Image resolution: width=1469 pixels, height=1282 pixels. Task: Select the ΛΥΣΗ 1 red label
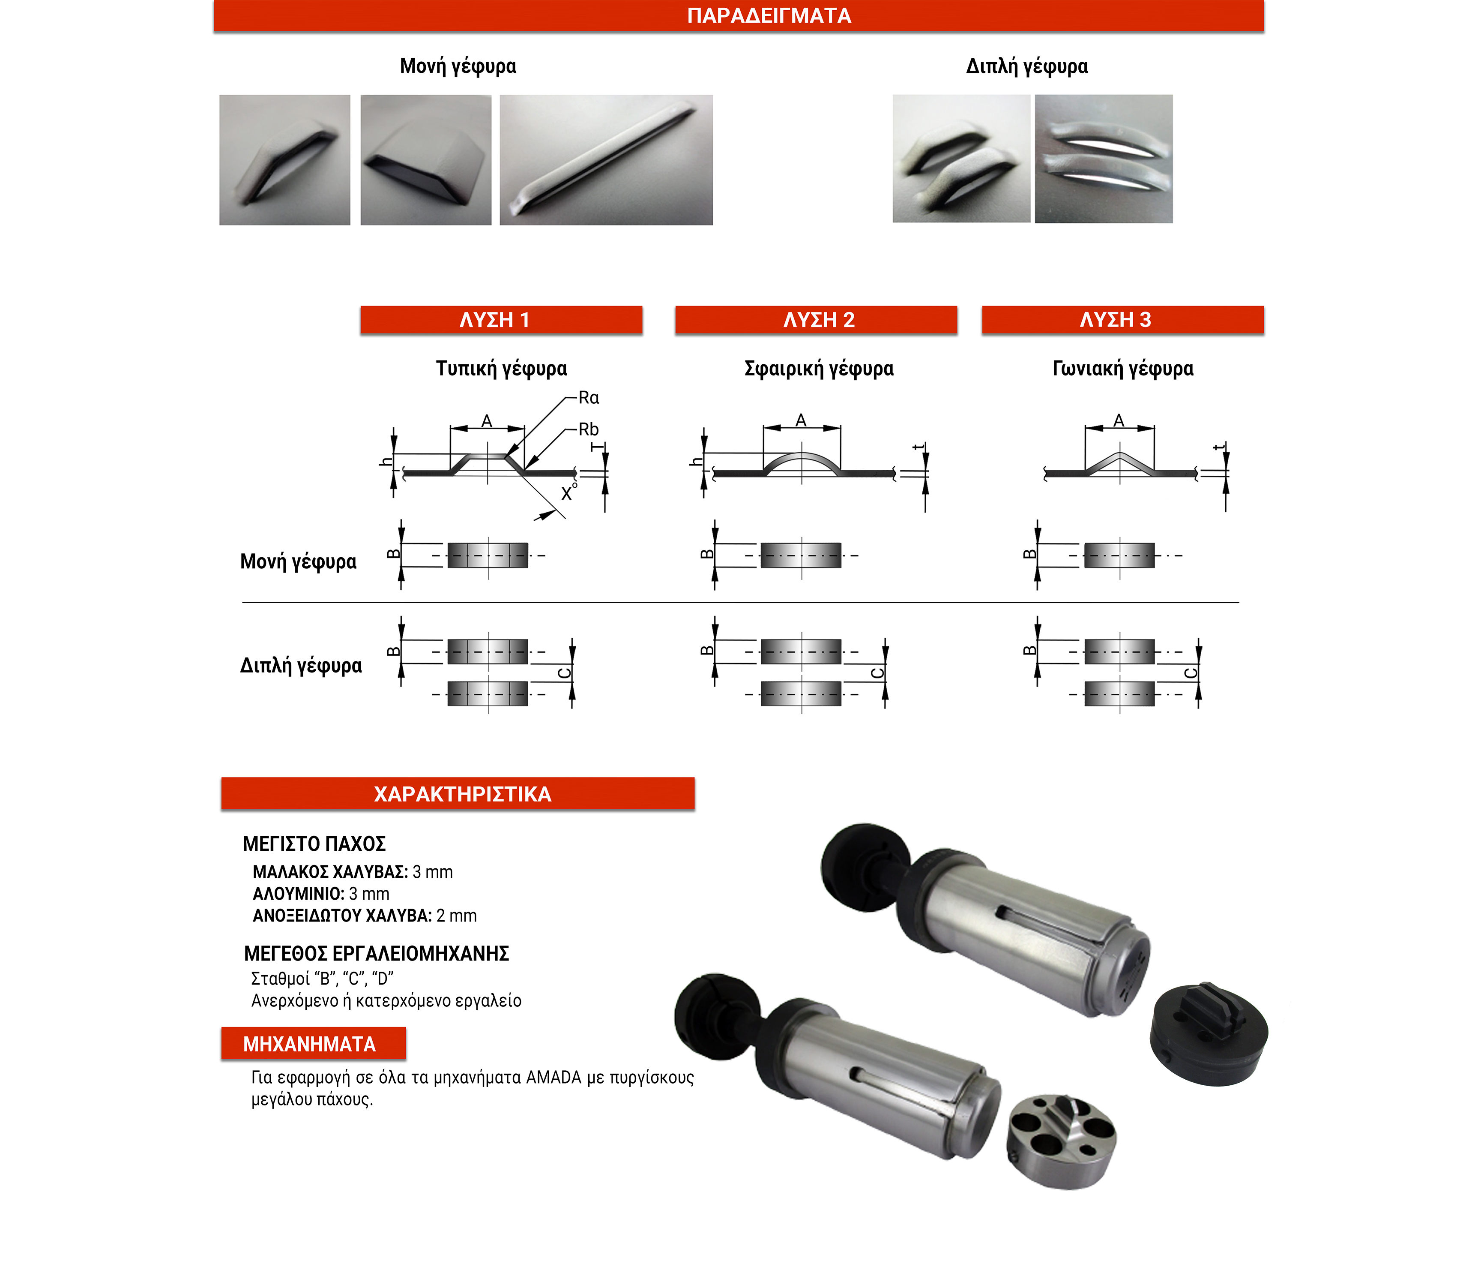coord(501,320)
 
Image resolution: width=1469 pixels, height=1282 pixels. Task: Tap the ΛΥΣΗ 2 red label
coord(816,320)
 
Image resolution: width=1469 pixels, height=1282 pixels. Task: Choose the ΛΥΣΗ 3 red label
coord(1122,320)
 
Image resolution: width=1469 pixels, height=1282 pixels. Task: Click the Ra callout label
coord(589,398)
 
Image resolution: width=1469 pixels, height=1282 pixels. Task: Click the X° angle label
coord(568,492)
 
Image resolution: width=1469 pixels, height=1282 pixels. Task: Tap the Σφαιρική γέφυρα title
coord(819,369)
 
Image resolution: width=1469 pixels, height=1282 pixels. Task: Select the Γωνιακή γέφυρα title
coord(1123,369)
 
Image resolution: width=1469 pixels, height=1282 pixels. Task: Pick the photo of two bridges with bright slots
coord(1104,159)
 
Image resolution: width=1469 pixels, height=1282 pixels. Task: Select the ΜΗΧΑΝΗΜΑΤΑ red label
coord(313,1044)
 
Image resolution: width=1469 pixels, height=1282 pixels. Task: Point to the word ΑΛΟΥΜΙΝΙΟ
coord(297,894)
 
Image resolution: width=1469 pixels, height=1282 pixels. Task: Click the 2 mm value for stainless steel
coord(456,916)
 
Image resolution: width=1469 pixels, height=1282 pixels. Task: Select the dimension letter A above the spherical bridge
coord(801,420)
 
